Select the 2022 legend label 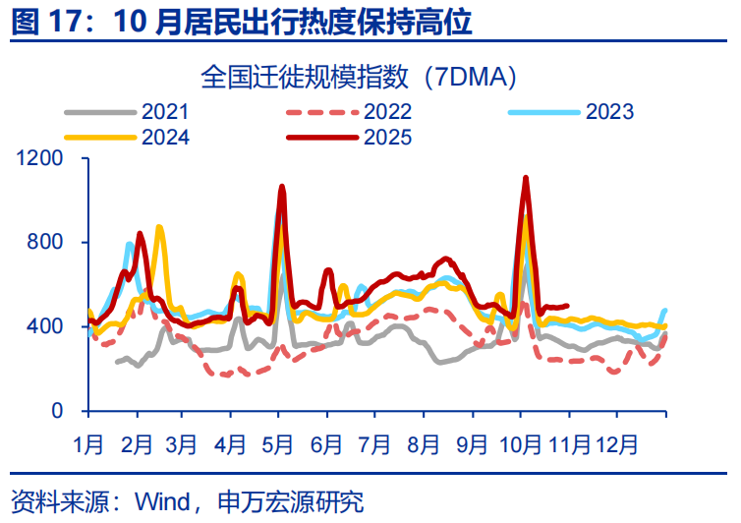[386, 111]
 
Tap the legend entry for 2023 [609, 111]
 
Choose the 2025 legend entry [386, 137]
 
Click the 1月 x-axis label [88, 443]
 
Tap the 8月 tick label [425, 443]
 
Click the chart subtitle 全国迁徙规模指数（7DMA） [359, 76]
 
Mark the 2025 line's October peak [526, 178]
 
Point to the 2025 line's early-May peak [282, 186]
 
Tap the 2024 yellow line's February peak [159, 227]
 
